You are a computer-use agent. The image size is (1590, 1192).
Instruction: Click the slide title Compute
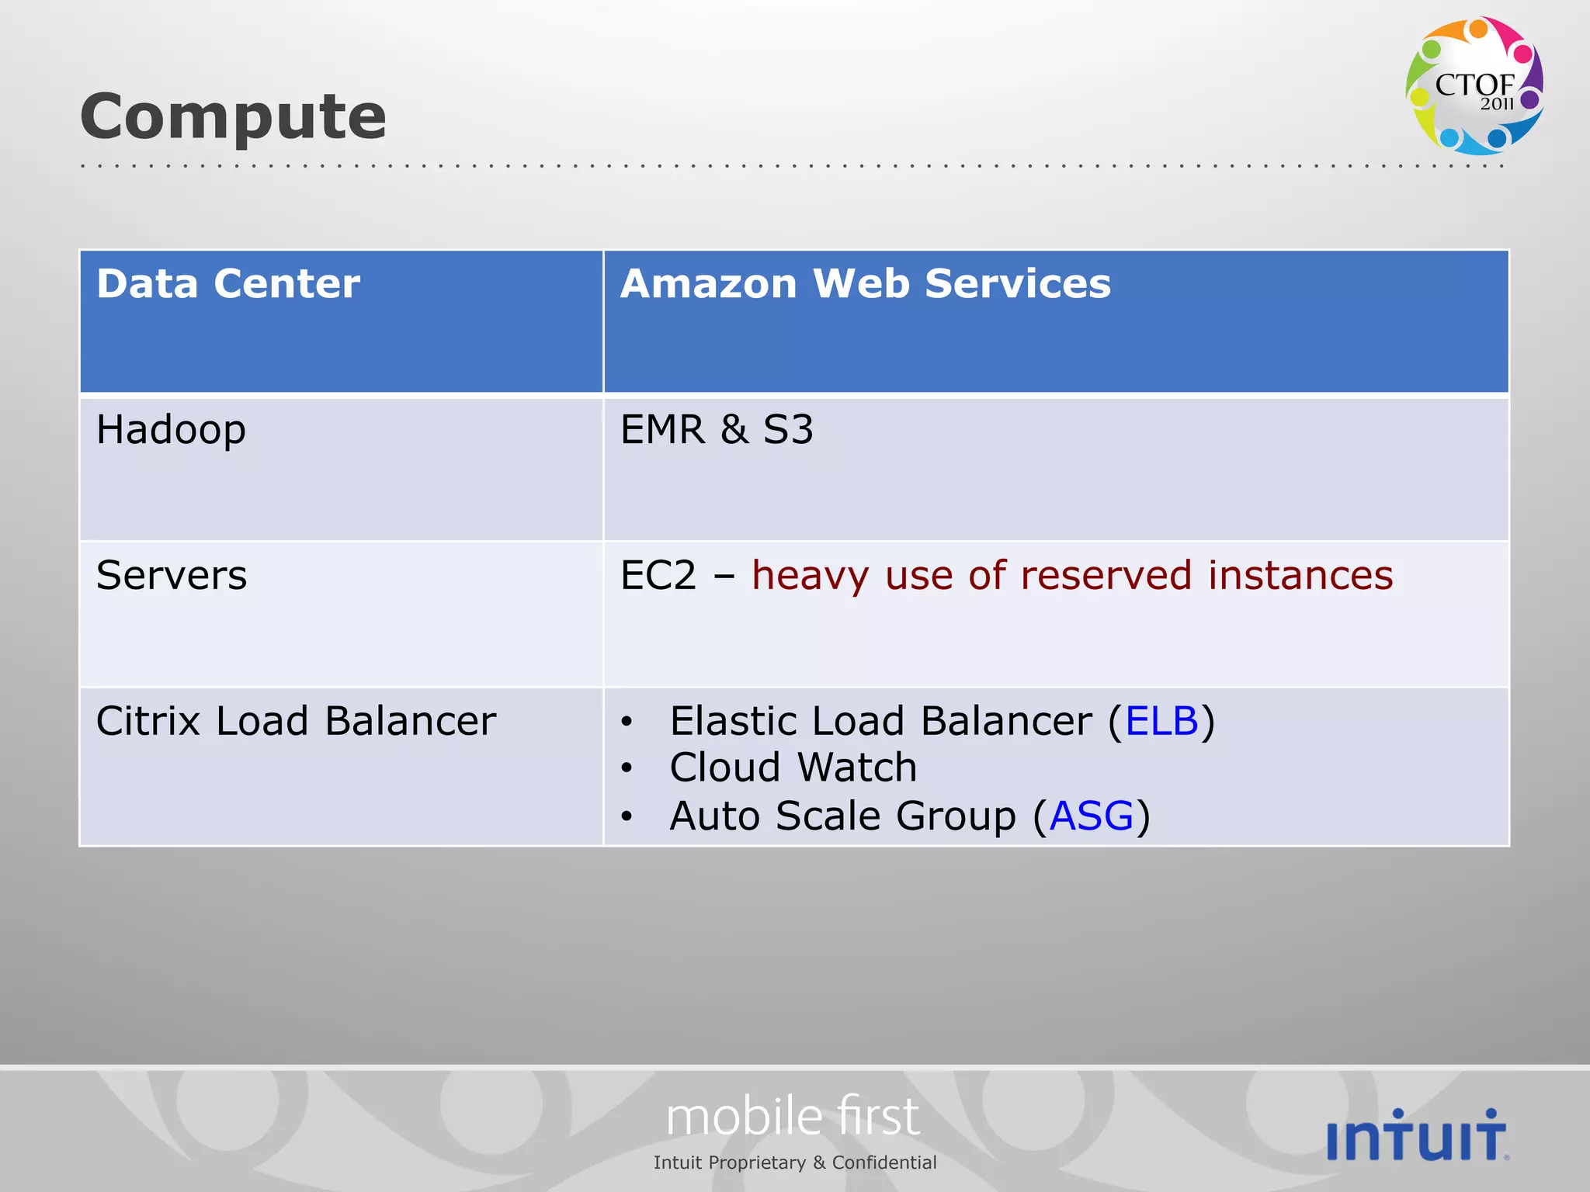click(233, 116)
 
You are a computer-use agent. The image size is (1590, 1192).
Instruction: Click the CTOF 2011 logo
click(1474, 85)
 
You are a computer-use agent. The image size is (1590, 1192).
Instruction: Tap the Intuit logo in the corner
click(1417, 1135)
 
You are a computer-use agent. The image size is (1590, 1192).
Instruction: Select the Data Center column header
click(228, 283)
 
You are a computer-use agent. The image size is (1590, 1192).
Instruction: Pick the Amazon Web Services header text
click(865, 283)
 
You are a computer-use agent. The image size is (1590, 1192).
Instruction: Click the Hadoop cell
click(171, 430)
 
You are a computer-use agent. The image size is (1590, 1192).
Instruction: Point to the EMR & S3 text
click(717, 430)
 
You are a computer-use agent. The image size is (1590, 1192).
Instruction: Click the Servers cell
click(172, 576)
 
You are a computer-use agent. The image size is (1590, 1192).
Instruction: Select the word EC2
click(658, 576)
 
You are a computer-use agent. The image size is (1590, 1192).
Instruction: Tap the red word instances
click(1300, 576)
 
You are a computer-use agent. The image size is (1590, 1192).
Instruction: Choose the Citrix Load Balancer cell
click(296, 722)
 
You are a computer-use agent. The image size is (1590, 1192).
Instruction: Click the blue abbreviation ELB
click(1161, 722)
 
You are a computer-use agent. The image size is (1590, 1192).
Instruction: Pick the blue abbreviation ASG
click(1091, 816)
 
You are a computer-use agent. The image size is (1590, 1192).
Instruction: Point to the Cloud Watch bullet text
click(793, 768)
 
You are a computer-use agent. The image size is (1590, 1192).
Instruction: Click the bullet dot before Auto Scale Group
click(627, 817)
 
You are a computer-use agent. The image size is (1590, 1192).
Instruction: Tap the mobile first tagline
click(793, 1117)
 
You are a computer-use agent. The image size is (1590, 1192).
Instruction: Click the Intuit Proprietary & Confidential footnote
click(795, 1163)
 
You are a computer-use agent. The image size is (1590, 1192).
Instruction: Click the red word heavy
click(810, 576)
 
